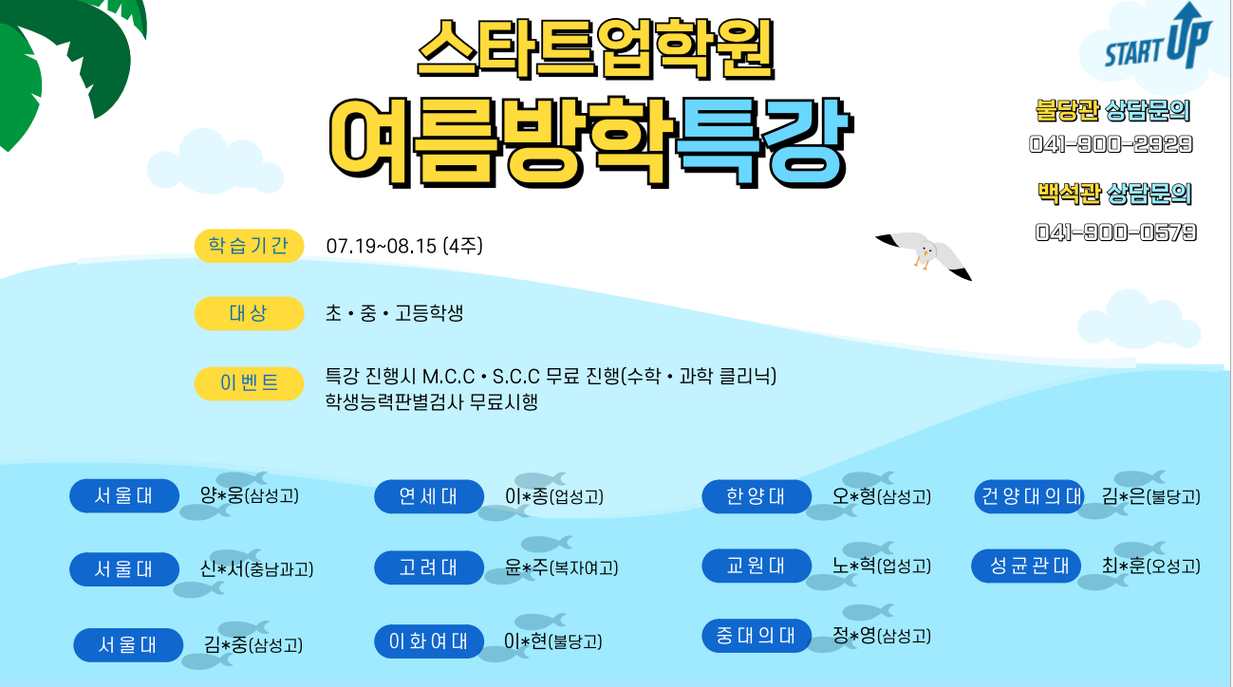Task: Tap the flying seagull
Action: click(x=925, y=255)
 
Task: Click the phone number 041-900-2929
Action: click(x=1111, y=144)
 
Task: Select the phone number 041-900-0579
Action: click(x=1115, y=232)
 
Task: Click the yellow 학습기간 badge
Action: click(x=249, y=246)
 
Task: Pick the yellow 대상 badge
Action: click(x=249, y=313)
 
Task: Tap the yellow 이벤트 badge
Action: click(x=249, y=383)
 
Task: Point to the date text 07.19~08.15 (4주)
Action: click(x=404, y=246)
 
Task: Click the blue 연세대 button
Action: click(x=429, y=496)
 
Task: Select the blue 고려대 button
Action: click(x=429, y=567)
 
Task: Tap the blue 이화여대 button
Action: click(x=429, y=641)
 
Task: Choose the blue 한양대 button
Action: click(x=757, y=496)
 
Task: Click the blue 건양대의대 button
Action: click(x=1029, y=496)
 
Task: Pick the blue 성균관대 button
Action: click(x=1026, y=566)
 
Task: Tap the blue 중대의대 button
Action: click(x=757, y=636)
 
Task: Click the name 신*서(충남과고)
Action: click(x=256, y=568)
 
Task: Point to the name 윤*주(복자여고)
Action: click(x=562, y=567)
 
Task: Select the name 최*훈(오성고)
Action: click(x=1151, y=566)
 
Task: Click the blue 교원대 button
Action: click(x=757, y=566)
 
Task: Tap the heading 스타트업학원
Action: click(x=596, y=49)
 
